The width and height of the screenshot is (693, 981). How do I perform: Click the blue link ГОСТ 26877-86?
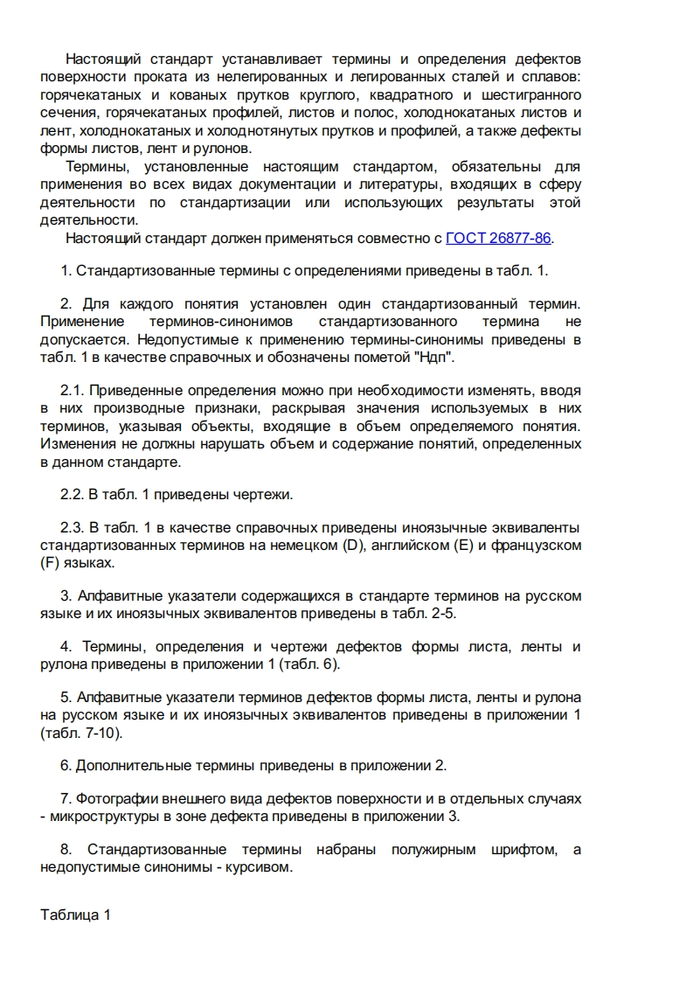[499, 238]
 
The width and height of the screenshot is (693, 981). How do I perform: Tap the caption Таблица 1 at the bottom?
[76, 915]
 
